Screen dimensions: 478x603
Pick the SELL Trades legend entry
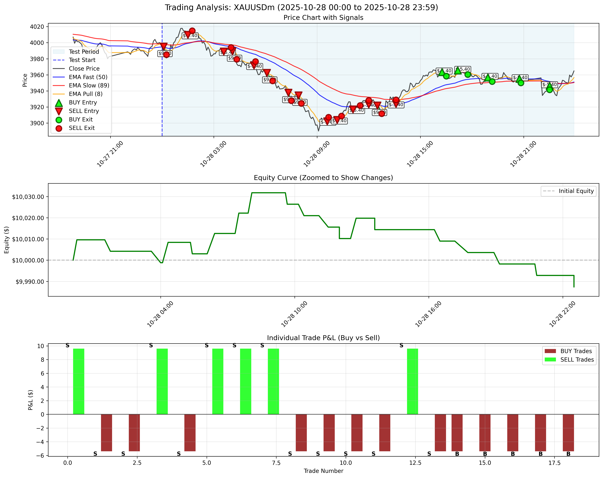pos(577,360)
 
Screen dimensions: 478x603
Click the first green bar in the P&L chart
pos(79,382)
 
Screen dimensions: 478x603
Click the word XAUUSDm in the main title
pos(254,8)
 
